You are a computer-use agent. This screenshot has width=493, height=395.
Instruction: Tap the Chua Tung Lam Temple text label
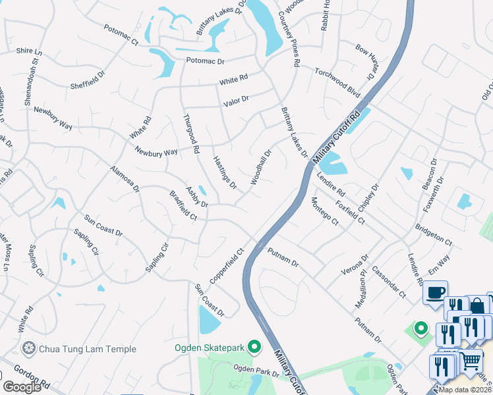pos(88,349)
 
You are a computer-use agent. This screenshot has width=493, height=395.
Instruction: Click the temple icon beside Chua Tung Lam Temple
pos(28,348)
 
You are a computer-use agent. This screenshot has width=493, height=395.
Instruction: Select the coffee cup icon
pos(434,292)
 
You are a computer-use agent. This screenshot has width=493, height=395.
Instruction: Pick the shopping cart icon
pos(469,361)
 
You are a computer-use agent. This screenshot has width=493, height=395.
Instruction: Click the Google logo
pos(22,386)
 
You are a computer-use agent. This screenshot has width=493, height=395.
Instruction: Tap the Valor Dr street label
pos(236,99)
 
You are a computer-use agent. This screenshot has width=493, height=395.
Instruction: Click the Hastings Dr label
pos(225,172)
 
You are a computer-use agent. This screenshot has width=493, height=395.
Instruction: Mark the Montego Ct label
pos(324,211)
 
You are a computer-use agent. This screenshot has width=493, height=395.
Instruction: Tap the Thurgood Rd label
pos(190,134)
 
